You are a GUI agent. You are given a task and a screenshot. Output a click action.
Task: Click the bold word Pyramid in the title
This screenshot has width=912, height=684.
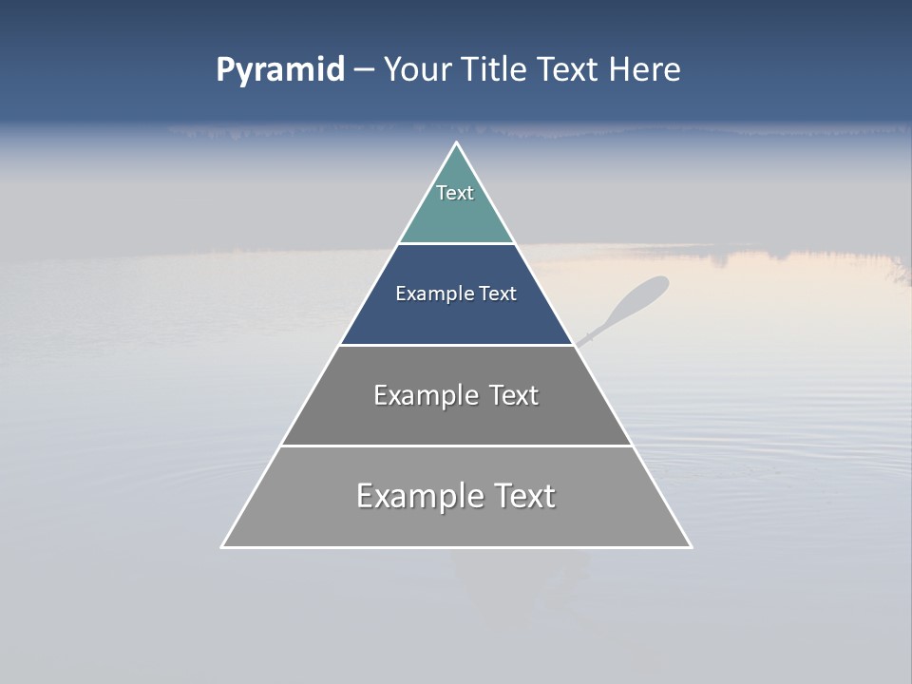(x=280, y=70)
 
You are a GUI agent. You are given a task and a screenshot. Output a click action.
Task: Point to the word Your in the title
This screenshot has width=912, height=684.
(x=419, y=70)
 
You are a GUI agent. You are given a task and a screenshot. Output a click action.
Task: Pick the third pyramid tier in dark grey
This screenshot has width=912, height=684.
(x=456, y=418)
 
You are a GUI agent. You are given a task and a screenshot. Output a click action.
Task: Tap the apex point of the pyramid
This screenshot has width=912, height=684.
(x=456, y=143)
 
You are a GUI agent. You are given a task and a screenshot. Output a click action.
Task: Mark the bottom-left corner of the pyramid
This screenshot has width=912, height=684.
(x=222, y=546)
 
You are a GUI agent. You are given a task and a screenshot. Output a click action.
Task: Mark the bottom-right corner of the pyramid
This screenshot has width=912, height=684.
(x=691, y=546)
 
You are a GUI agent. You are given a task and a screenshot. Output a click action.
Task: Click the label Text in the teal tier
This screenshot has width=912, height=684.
(x=455, y=193)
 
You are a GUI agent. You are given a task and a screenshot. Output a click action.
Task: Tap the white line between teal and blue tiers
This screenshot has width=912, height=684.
(x=456, y=243)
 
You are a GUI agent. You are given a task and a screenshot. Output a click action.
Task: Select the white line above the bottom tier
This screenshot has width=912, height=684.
(x=456, y=446)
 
